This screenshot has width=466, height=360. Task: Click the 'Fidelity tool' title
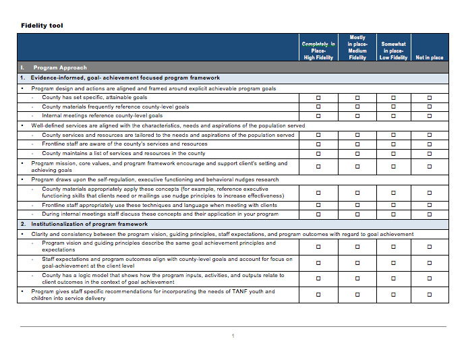[x=42, y=26]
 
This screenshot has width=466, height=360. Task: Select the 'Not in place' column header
[x=430, y=57]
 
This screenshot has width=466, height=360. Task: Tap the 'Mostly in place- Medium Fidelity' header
[x=357, y=47]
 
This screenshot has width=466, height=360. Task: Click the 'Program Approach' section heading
[x=60, y=67]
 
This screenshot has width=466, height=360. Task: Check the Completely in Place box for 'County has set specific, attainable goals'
[x=318, y=98]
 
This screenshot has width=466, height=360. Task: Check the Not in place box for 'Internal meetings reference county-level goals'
[x=430, y=116]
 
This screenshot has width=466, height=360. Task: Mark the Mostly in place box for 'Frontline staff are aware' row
[x=357, y=144]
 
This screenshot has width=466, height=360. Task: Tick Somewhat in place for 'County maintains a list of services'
[x=394, y=154]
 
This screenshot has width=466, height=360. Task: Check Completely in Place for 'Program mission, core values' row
[x=318, y=167]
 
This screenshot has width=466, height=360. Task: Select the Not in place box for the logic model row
[x=430, y=278]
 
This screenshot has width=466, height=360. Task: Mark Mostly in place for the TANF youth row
[x=357, y=295]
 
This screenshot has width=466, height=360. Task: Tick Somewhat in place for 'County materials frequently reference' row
[x=394, y=107]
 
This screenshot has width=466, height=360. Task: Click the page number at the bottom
[x=233, y=336]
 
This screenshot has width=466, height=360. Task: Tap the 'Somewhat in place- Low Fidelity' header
[x=394, y=51]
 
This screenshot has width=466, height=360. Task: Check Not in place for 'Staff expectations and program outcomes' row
[x=430, y=262]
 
